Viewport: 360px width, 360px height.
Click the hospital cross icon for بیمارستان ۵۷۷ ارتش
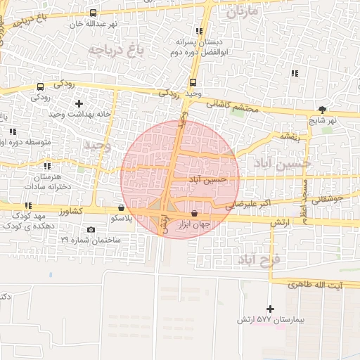(270, 309)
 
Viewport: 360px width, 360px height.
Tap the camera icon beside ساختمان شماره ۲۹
(91, 230)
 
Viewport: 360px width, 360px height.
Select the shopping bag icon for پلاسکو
(123, 207)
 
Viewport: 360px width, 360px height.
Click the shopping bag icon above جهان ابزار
(194, 212)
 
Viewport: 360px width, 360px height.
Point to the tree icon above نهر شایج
(322, 109)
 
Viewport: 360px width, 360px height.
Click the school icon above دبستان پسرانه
(200, 31)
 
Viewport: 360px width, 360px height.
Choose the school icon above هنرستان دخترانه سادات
(47, 166)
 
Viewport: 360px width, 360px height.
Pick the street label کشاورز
(71, 210)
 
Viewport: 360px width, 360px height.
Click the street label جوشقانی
(330, 200)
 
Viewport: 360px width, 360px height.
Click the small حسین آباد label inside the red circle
(209, 179)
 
